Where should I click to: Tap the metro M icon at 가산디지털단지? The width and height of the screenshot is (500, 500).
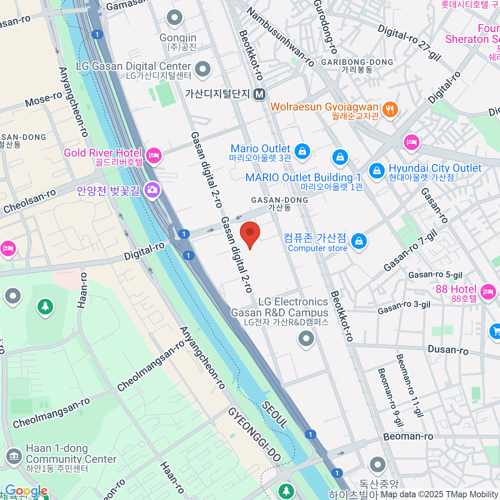pyautogui.click(x=260, y=94)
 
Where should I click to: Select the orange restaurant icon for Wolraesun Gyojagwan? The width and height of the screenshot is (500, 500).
pyautogui.click(x=390, y=110)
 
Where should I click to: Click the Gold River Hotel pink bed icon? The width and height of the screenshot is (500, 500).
pyautogui.click(x=154, y=156)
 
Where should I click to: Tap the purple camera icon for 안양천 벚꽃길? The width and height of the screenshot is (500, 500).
pyautogui.click(x=152, y=190)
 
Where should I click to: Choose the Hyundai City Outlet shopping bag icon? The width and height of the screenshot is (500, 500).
pyautogui.click(x=377, y=171)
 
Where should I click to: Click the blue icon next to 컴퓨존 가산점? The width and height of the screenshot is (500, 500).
pyautogui.click(x=358, y=241)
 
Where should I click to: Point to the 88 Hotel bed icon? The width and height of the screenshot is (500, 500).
pyautogui.click(x=487, y=292)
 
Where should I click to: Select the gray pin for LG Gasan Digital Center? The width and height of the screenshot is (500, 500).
pyautogui.click(x=203, y=69)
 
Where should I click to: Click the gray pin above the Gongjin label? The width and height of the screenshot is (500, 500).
pyautogui.click(x=175, y=18)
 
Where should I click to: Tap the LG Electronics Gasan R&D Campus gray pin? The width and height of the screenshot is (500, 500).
pyautogui.click(x=306, y=339)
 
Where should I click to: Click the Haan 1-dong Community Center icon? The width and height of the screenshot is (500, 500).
pyautogui.click(x=14, y=457)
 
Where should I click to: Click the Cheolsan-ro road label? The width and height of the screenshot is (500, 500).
pyautogui.click(x=29, y=201)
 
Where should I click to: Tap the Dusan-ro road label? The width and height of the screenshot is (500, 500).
pyautogui.click(x=448, y=350)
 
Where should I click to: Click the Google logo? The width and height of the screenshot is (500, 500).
pyautogui.click(x=26, y=491)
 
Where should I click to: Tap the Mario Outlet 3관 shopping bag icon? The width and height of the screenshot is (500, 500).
pyautogui.click(x=302, y=151)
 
